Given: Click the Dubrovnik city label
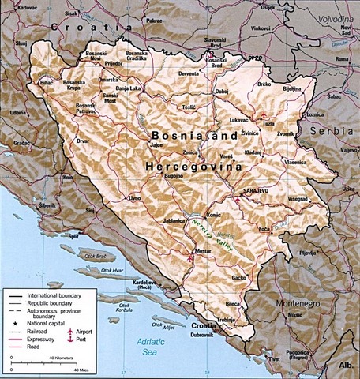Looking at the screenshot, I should (x=202, y=335).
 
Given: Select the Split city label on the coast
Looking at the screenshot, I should (x=73, y=235).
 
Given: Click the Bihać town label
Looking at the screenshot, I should (x=47, y=81).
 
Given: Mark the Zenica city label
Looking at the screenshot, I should (x=190, y=151).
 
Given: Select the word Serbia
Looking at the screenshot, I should (x=331, y=133).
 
